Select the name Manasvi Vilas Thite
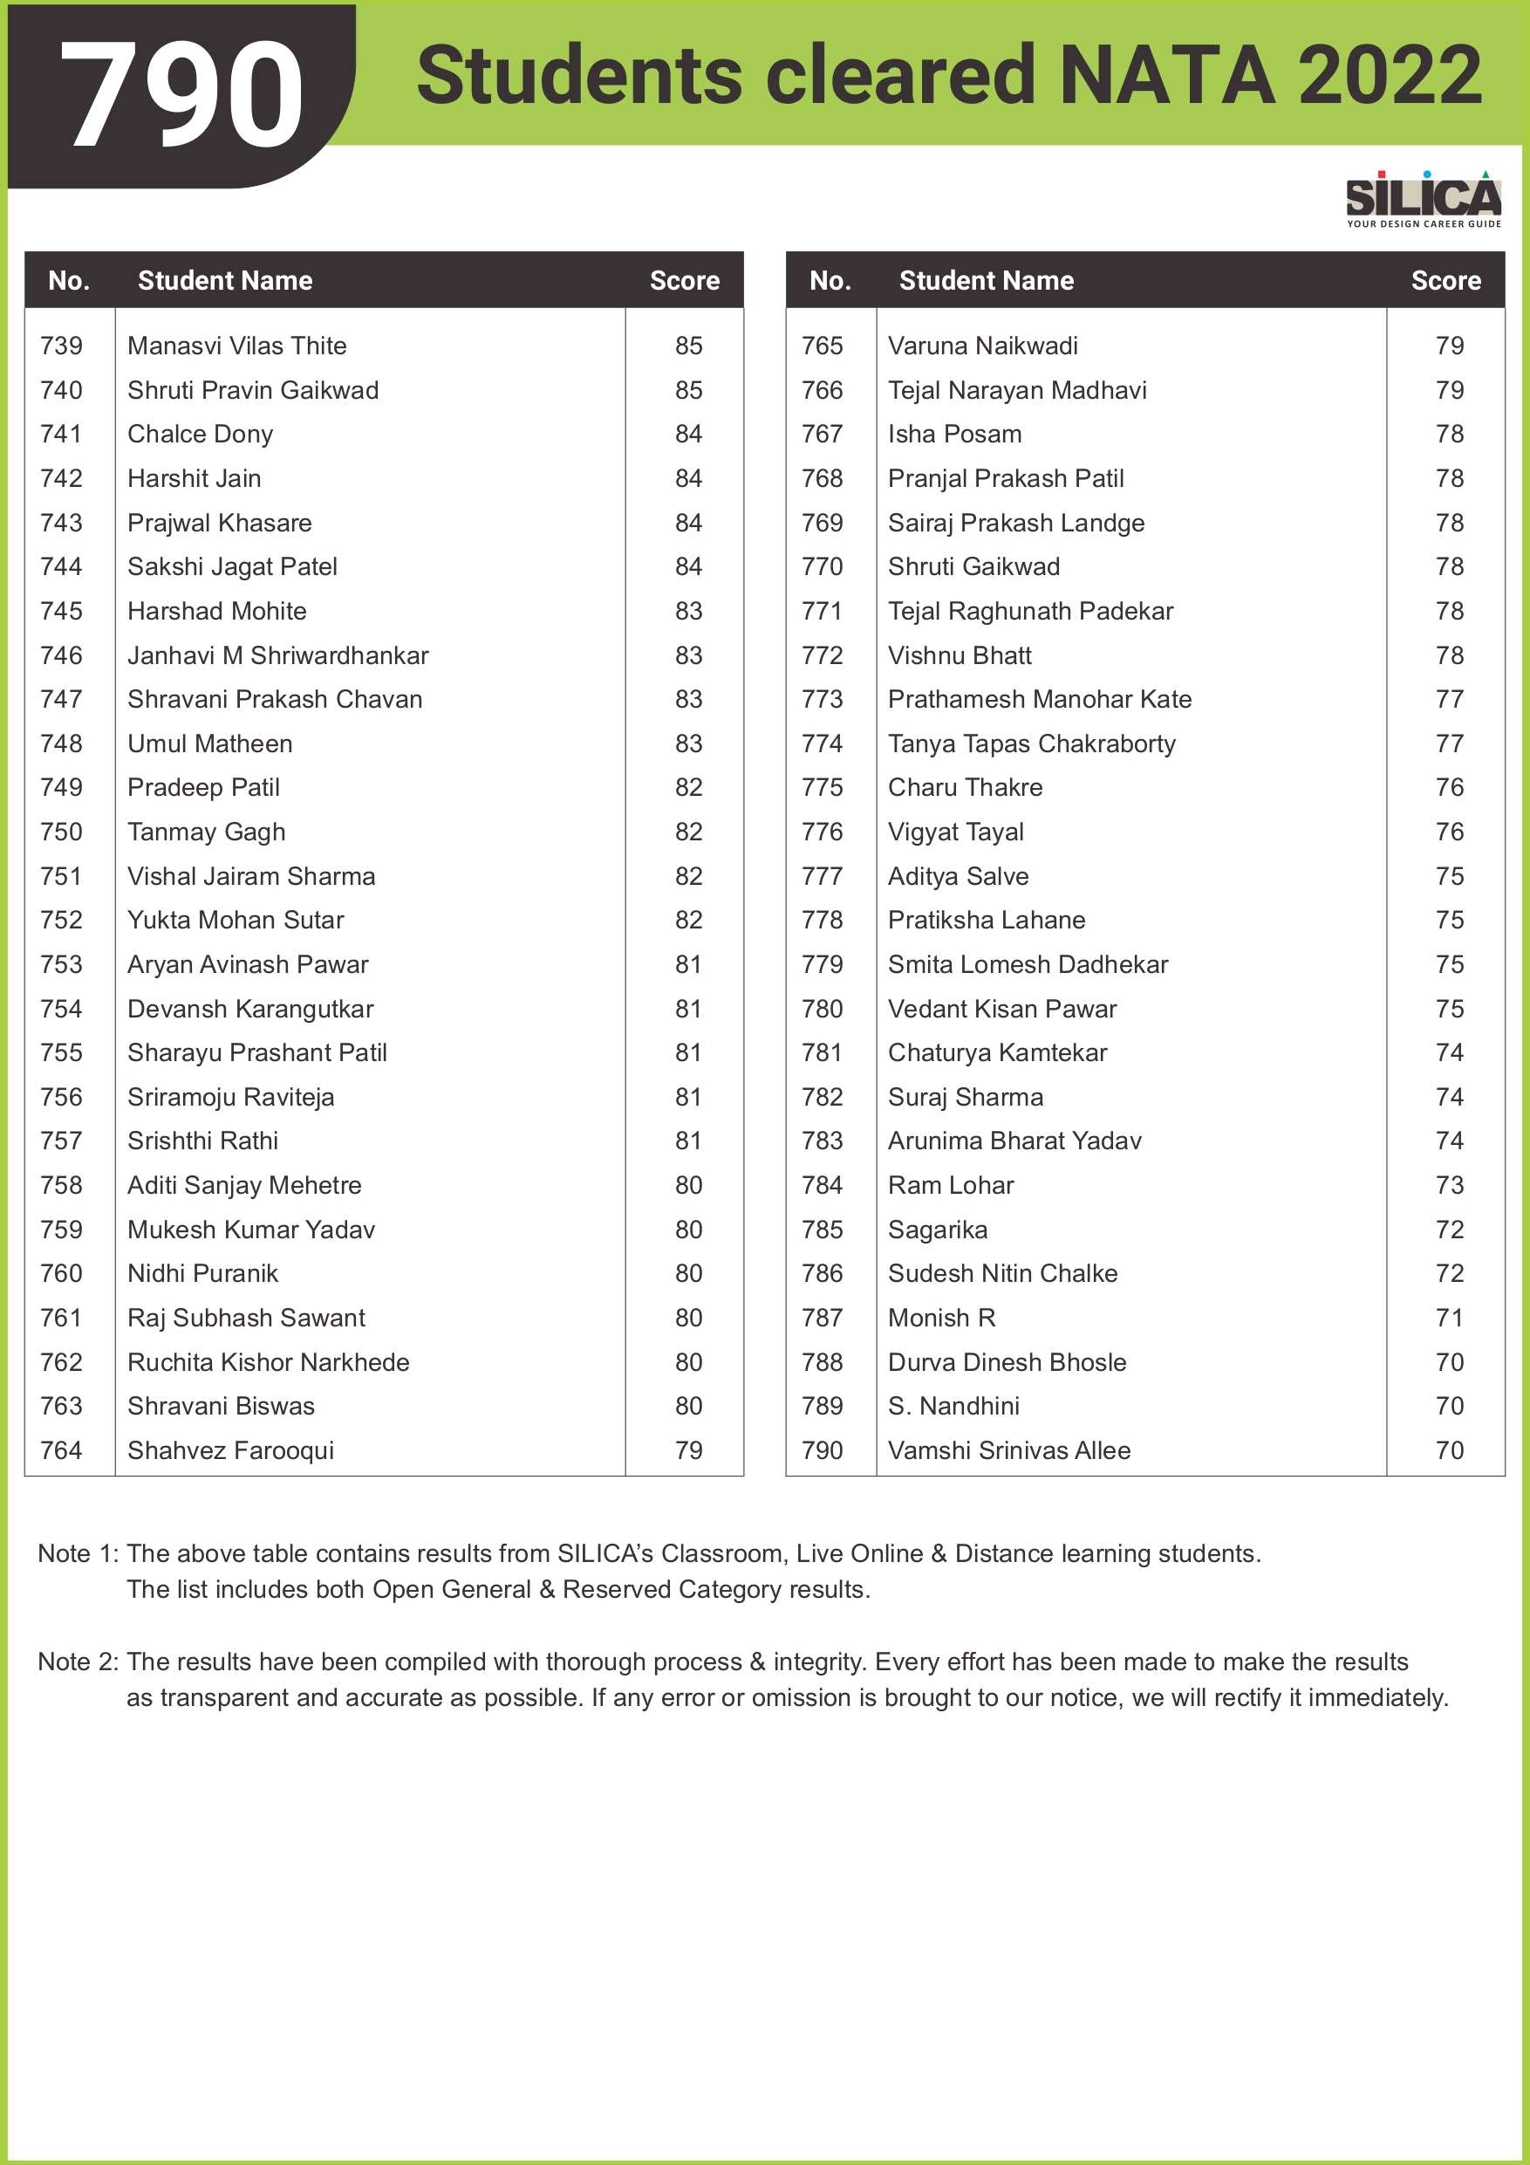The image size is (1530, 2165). pyautogui.click(x=236, y=346)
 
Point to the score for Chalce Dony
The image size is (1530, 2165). pyautogui.click(x=688, y=435)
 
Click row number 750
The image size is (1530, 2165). pyautogui.click(x=61, y=832)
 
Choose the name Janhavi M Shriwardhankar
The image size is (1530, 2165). pyautogui.click(x=278, y=655)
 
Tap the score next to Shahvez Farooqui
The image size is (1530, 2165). pyautogui.click(x=688, y=1450)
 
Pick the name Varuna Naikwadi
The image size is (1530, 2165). pyautogui.click(x=982, y=346)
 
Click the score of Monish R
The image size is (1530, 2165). pyautogui.click(x=1449, y=1319)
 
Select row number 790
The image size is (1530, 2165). pyautogui.click(x=822, y=1450)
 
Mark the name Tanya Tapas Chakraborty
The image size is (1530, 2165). pyautogui.click(x=1031, y=744)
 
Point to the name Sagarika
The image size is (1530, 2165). pyautogui.click(x=937, y=1230)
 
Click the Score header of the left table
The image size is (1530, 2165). pyautogui.click(x=685, y=280)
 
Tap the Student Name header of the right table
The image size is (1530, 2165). pyautogui.click(x=986, y=280)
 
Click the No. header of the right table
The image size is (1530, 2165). pyautogui.click(x=830, y=280)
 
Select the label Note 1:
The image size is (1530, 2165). pyautogui.click(x=79, y=1553)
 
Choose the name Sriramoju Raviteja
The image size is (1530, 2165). pyautogui.click(x=231, y=1098)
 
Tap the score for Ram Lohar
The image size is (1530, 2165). pyautogui.click(x=1449, y=1185)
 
